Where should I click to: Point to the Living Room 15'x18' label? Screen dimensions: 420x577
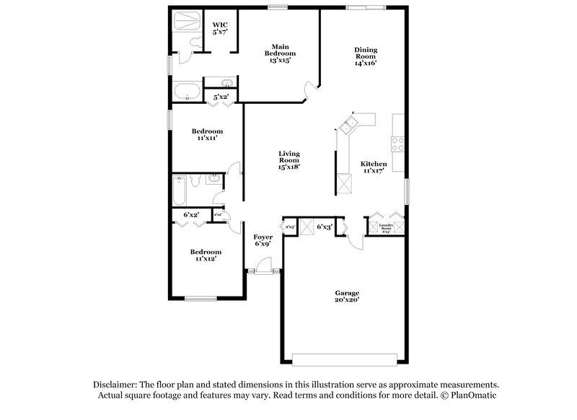click(x=289, y=159)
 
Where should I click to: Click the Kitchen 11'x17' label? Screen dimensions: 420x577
click(x=374, y=167)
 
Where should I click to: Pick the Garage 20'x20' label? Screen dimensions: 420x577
click(x=346, y=296)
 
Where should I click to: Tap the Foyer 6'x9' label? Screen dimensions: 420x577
click(x=263, y=240)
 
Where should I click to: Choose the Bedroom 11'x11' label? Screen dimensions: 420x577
click(x=207, y=134)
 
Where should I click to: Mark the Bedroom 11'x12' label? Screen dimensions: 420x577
click(x=206, y=255)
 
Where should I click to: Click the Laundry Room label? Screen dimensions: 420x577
click(x=389, y=229)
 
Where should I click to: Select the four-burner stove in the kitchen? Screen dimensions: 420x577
click(x=397, y=144)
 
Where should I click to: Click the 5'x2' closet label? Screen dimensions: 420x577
click(x=221, y=96)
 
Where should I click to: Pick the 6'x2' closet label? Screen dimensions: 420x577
click(x=191, y=214)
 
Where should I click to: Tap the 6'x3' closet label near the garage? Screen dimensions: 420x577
click(x=325, y=227)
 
